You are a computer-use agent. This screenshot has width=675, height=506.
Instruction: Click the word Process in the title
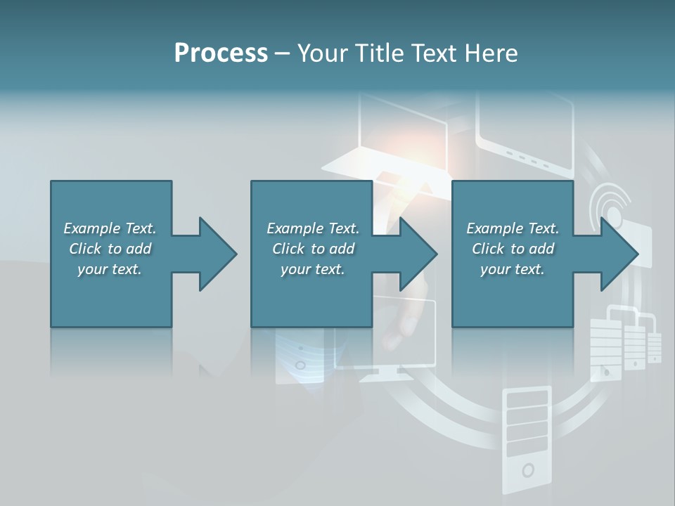(x=221, y=53)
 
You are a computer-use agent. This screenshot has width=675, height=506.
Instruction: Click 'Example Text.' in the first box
(x=110, y=228)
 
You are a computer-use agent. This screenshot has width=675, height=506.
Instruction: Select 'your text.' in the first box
(x=110, y=269)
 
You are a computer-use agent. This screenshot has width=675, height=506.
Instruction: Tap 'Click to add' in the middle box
(x=313, y=249)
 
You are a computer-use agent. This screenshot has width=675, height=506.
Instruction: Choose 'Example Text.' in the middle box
(x=313, y=228)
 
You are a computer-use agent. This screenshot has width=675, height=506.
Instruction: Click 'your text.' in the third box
(x=513, y=269)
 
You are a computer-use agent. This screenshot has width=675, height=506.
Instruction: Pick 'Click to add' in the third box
(x=513, y=249)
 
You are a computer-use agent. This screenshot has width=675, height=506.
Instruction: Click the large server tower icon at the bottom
(x=527, y=439)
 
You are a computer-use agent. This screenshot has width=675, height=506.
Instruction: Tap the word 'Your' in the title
(x=321, y=53)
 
